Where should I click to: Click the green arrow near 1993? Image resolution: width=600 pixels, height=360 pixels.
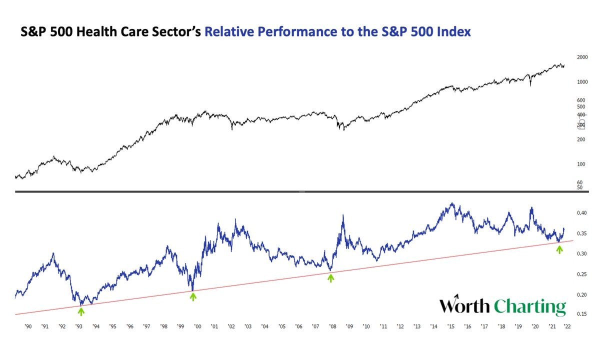pyautogui.click(x=81, y=311)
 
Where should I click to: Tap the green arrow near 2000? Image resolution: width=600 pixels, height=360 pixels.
pyautogui.click(x=193, y=296)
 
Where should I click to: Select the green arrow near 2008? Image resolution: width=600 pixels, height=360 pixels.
pyautogui.click(x=330, y=277)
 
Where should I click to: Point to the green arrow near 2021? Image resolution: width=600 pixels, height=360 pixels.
pyautogui.click(x=559, y=249)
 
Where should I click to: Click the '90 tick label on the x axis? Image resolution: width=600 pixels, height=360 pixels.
pyautogui.click(x=28, y=326)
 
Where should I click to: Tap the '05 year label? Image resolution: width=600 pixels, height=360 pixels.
pyautogui.click(x=282, y=326)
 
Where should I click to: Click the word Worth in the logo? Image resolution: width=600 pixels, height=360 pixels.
pyautogui.click(x=464, y=305)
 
